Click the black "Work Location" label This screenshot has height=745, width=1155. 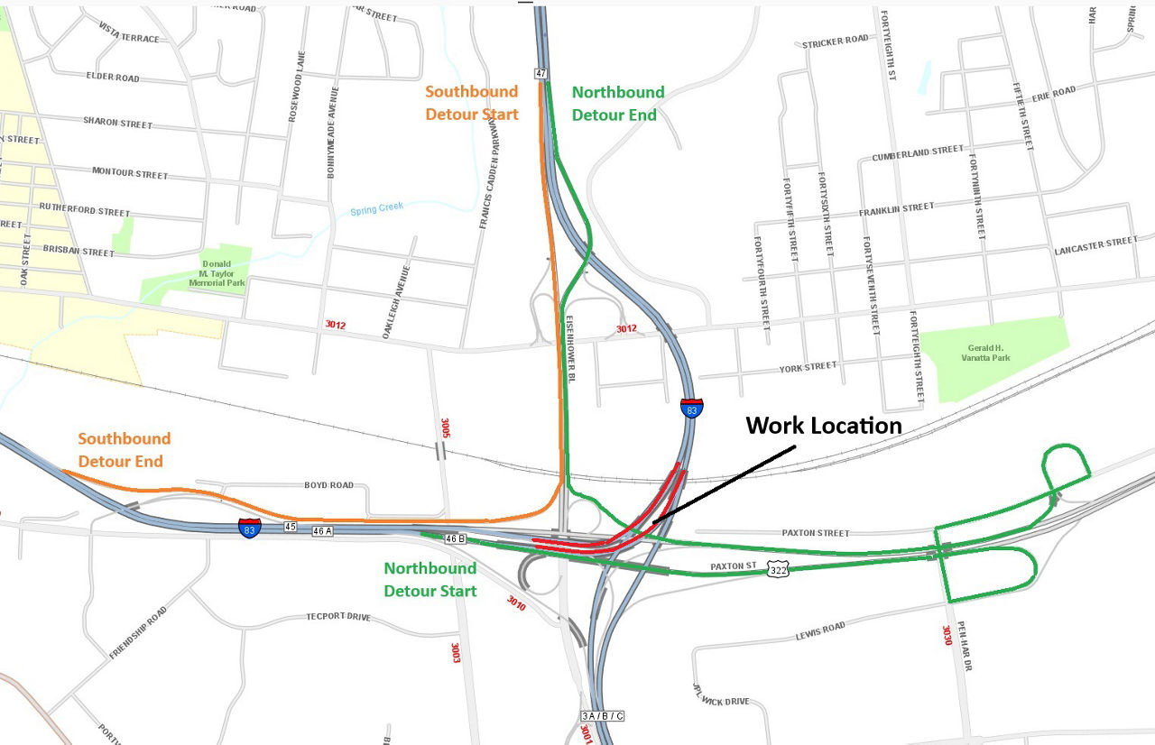point(823,426)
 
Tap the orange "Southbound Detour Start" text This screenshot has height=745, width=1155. point(472,103)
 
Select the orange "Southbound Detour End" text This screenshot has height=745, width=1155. point(124,450)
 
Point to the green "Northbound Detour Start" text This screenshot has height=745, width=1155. point(430,580)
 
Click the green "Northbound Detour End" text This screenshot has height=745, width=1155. point(618,104)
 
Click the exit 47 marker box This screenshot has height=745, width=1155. point(541,73)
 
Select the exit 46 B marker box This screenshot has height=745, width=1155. point(455,538)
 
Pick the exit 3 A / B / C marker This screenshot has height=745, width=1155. point(603,716)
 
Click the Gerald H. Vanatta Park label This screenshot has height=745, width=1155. point(986,353)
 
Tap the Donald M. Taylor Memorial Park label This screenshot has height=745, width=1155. point(217,273)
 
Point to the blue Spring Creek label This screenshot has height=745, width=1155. point(377,210)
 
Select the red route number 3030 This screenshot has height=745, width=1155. point(947,637)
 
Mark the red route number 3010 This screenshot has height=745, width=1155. point(516,603)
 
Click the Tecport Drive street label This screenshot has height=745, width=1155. point(338,618)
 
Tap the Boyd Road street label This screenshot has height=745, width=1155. point(329,485)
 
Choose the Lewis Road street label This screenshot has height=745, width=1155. point(820,631)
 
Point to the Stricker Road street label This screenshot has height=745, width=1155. point(835,41)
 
